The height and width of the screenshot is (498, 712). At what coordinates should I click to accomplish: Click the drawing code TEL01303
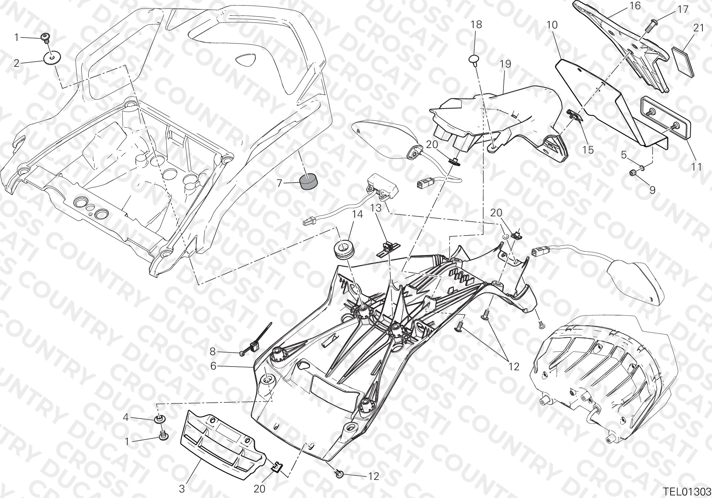(686, 492)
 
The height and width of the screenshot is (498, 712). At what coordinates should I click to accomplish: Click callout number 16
(625, 6)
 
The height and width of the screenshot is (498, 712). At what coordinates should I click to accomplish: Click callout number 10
(552, 25)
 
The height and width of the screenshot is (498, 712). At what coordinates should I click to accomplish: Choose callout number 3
(182, 490)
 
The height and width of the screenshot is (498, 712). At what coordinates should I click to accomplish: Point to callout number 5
(624, 154)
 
